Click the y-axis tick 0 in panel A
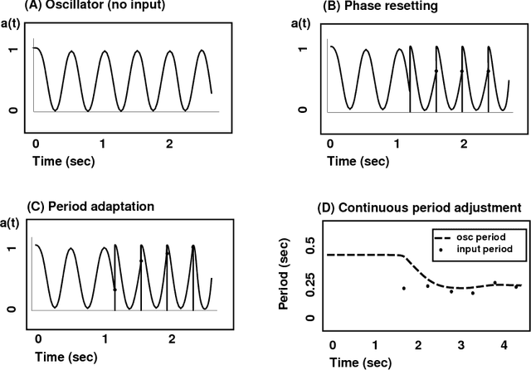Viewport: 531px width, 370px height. [12, 110]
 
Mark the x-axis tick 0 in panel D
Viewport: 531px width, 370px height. [333, 344]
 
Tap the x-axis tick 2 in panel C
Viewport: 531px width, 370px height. [172, 339]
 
